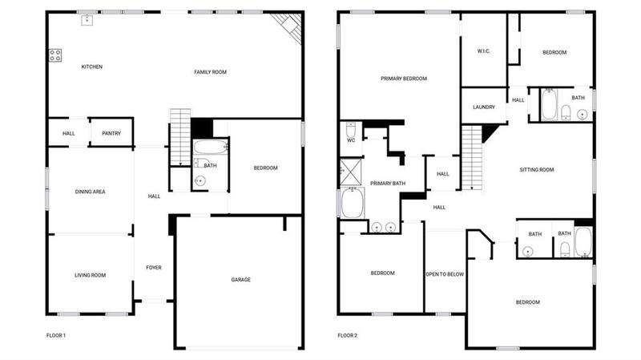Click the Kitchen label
[x=92, y=67]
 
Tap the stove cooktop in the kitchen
[x=55, y=55]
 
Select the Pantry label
[x=111, y=133]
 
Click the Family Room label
[x=211, y=72]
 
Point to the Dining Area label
[x=91, y=192]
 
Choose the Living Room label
[x=91, y=275]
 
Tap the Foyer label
[x=154, y=267]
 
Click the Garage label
[x=241, y=280]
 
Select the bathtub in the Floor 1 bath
[x=211, y=148]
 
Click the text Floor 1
[x=56, y=335]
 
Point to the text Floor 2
[x=347, y=335]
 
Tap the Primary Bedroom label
[x=403, y=79]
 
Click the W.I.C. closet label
[x=483, y=52]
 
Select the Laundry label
[x=483, y=107]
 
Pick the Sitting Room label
[x=537, y=169]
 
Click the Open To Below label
[x=445, y=273]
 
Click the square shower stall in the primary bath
[x=350, y=170]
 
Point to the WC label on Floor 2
[x=351, y=140]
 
